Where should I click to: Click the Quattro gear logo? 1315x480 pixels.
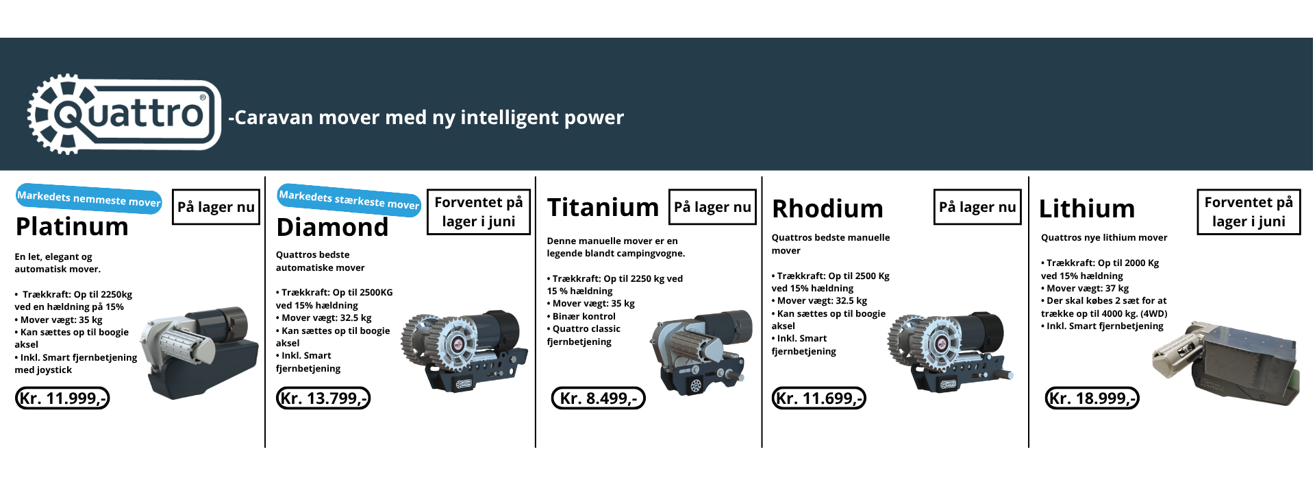click(124, 114)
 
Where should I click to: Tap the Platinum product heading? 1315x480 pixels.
click(72, 226)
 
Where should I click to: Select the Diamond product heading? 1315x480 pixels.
click(332, 227)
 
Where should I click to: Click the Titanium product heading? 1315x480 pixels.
click(603, 207)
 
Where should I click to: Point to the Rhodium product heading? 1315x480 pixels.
click(827, 208)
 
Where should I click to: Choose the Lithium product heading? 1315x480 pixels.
click(1087, 208)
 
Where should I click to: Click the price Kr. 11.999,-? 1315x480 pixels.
click(62, 398)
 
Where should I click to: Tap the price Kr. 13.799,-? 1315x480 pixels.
click(323, 398)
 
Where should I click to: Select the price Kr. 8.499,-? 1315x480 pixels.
click(599, 398)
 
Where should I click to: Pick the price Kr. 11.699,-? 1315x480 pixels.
click(819, 398)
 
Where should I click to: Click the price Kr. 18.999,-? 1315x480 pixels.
click(1092, 398)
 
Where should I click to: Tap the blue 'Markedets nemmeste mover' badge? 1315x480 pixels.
click(89, 199)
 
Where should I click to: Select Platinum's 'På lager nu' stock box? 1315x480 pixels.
click(216, 207)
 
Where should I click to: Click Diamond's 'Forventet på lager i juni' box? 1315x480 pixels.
click(479, 212)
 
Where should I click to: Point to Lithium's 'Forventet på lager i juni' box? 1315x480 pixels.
click(1249, 212)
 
